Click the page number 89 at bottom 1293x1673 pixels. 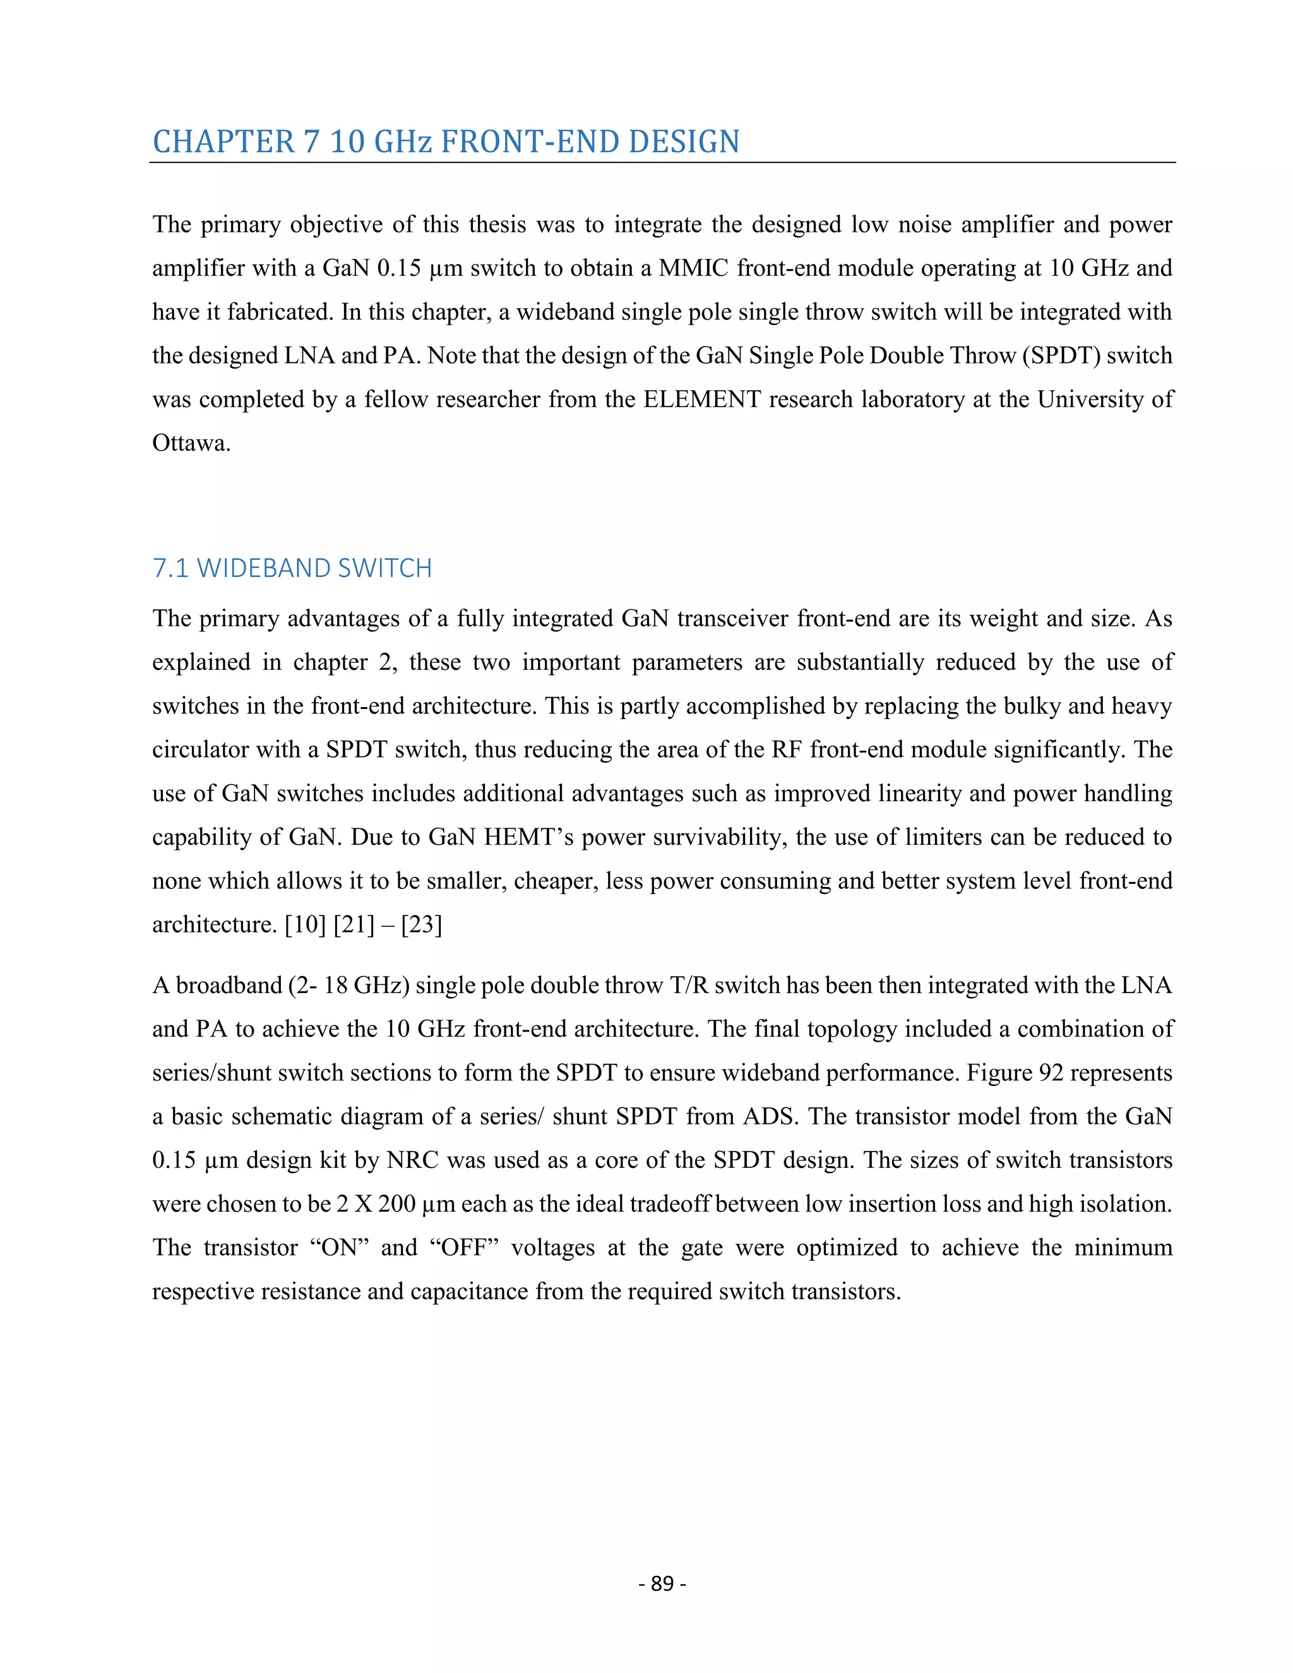click(662, 1583)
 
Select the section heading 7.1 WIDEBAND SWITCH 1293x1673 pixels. click(292, 568)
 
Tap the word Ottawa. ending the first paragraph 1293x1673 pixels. click(191, 444)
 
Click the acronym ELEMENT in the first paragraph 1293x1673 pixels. click(701, 400)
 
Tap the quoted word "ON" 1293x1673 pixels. click(340, 1248)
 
